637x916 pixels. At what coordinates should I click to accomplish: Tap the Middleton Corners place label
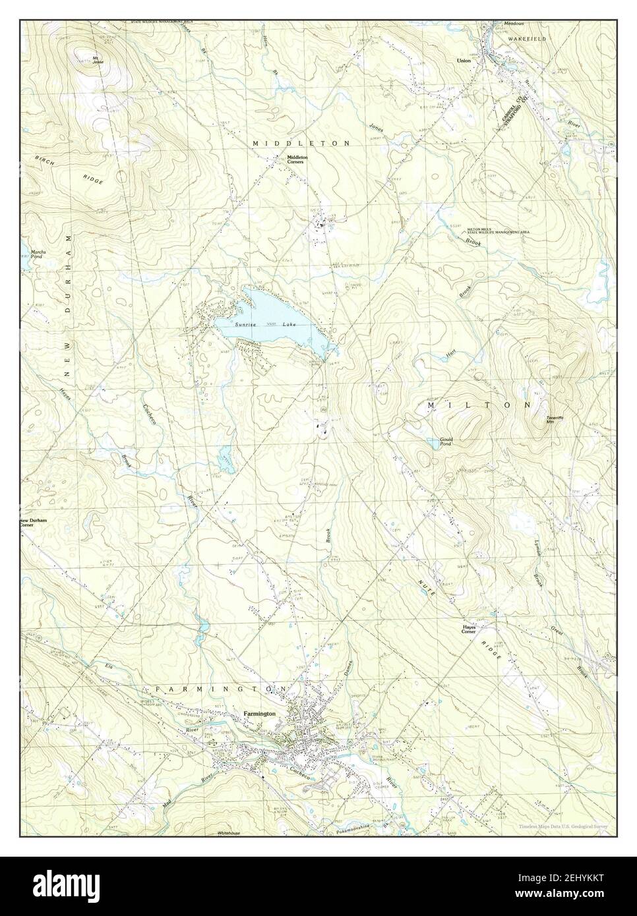pos(295,159)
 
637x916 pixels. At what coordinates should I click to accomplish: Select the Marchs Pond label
pos(37,254)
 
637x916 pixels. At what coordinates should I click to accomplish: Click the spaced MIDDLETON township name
pos(301,142)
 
